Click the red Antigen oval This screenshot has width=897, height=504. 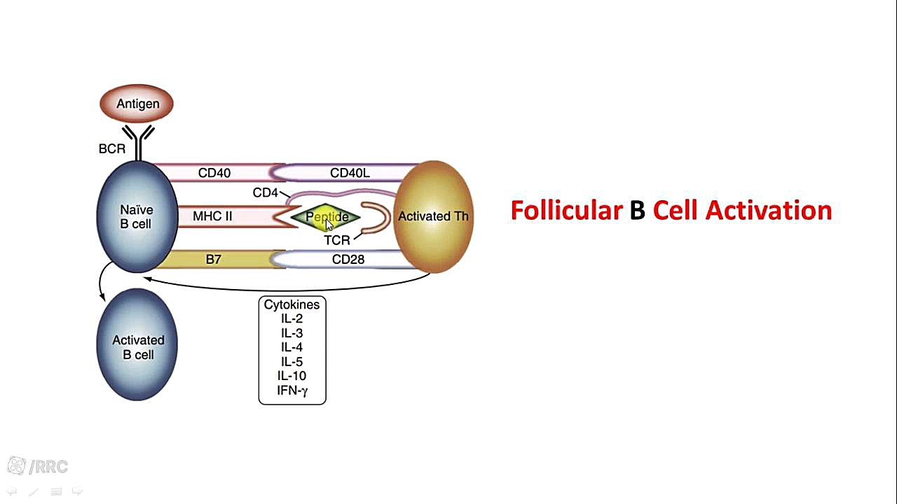tap(137, 104)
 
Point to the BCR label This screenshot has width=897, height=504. tap(112, 148)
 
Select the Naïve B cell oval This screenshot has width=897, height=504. tap(137, 216)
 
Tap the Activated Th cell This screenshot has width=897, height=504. tap(433, 216)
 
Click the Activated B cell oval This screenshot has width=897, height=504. tap(137, 347)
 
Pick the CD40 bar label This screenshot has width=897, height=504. tap(214, 173)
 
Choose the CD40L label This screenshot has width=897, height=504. tap(350, 173)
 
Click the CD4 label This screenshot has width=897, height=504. tap(266, 192)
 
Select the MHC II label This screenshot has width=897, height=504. tap(212, 216)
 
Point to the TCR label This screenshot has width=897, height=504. tap(336, 240)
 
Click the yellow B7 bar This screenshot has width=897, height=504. tap(214, 260)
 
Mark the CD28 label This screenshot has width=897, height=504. tap(348, 260)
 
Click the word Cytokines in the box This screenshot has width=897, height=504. tap(292, 304)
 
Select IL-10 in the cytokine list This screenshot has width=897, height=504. tap(292, 376)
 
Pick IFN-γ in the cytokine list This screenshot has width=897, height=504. tap(292, 391)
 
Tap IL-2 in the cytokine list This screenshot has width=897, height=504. tap(292, 318)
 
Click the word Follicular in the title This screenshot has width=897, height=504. tap(566, 210)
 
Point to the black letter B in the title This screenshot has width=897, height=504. tap(637, 210)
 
